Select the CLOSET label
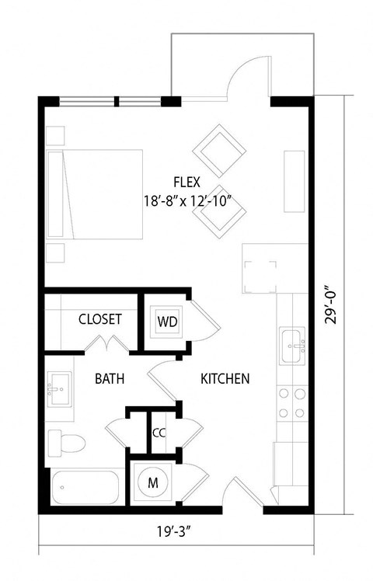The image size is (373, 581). point(99,319)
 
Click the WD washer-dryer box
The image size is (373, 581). point(167,321)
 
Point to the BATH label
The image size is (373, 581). point(110,379)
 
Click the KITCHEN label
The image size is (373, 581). point(225,379)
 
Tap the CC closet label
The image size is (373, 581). point(159,432)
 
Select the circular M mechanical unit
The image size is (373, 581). point(153,482)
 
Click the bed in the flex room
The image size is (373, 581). point(95,194)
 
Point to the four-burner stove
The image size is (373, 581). point(292,403)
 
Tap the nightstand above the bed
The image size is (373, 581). point(54,135)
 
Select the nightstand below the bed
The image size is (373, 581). point(54,253)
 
